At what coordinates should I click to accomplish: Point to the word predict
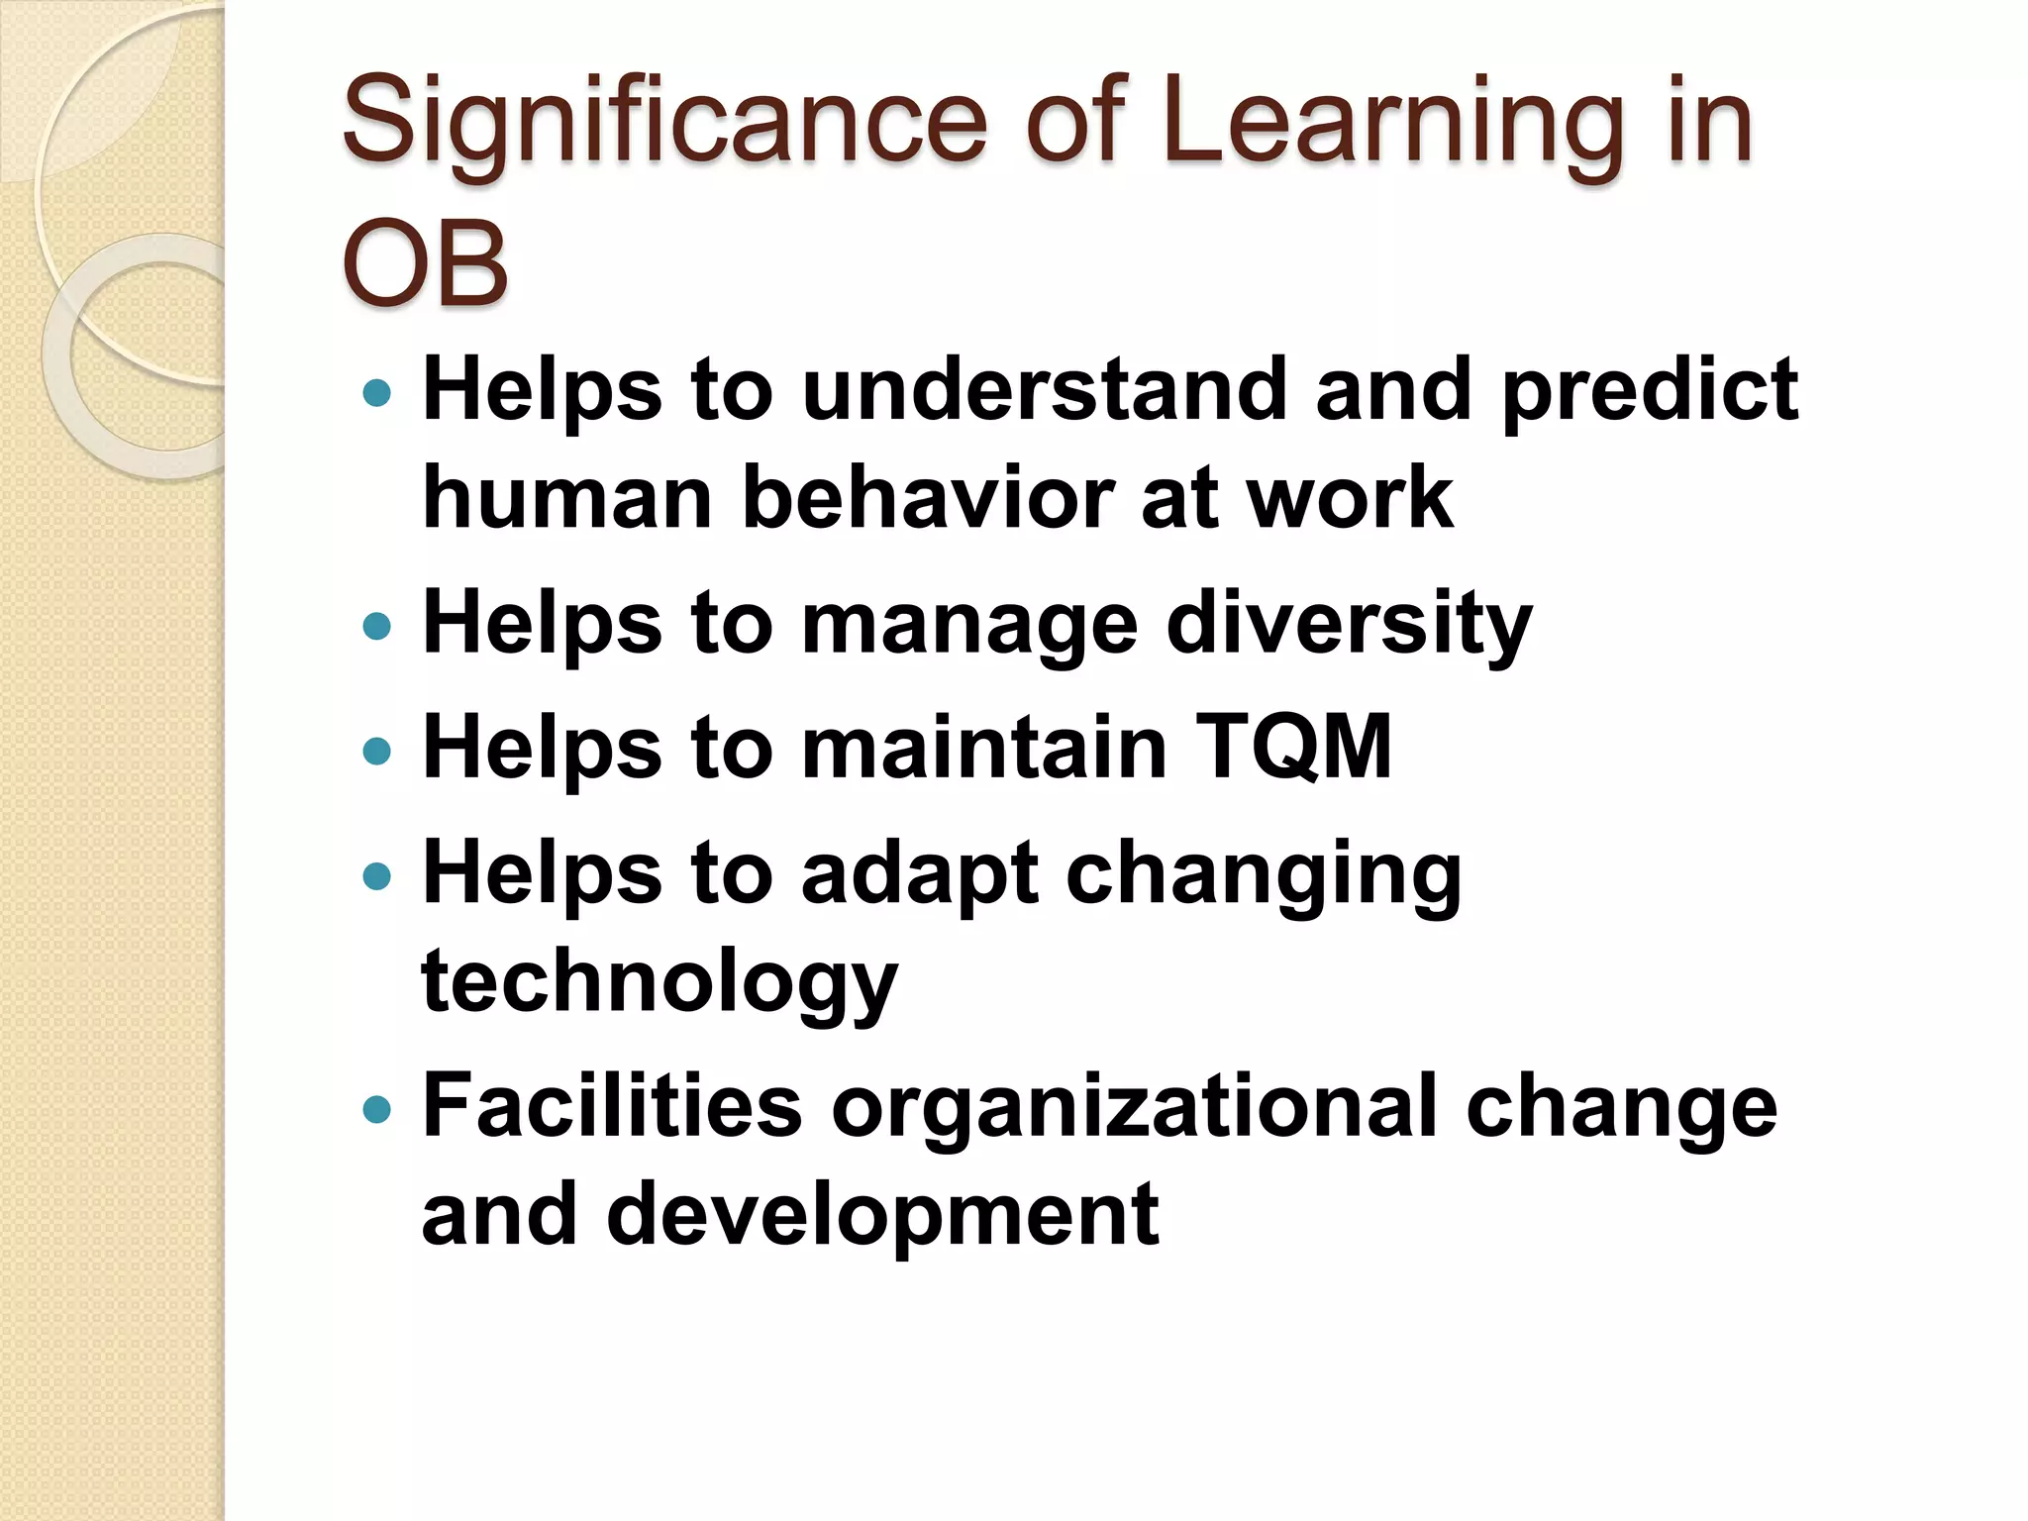pos(1650,390)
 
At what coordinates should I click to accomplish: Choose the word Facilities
pos(612,1106)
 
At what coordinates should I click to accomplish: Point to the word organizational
pos(1134,1106)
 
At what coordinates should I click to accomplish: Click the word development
pos(882,1215)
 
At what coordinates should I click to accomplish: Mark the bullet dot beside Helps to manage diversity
pos(377,626)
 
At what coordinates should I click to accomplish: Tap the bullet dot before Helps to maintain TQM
pos(377,751)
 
